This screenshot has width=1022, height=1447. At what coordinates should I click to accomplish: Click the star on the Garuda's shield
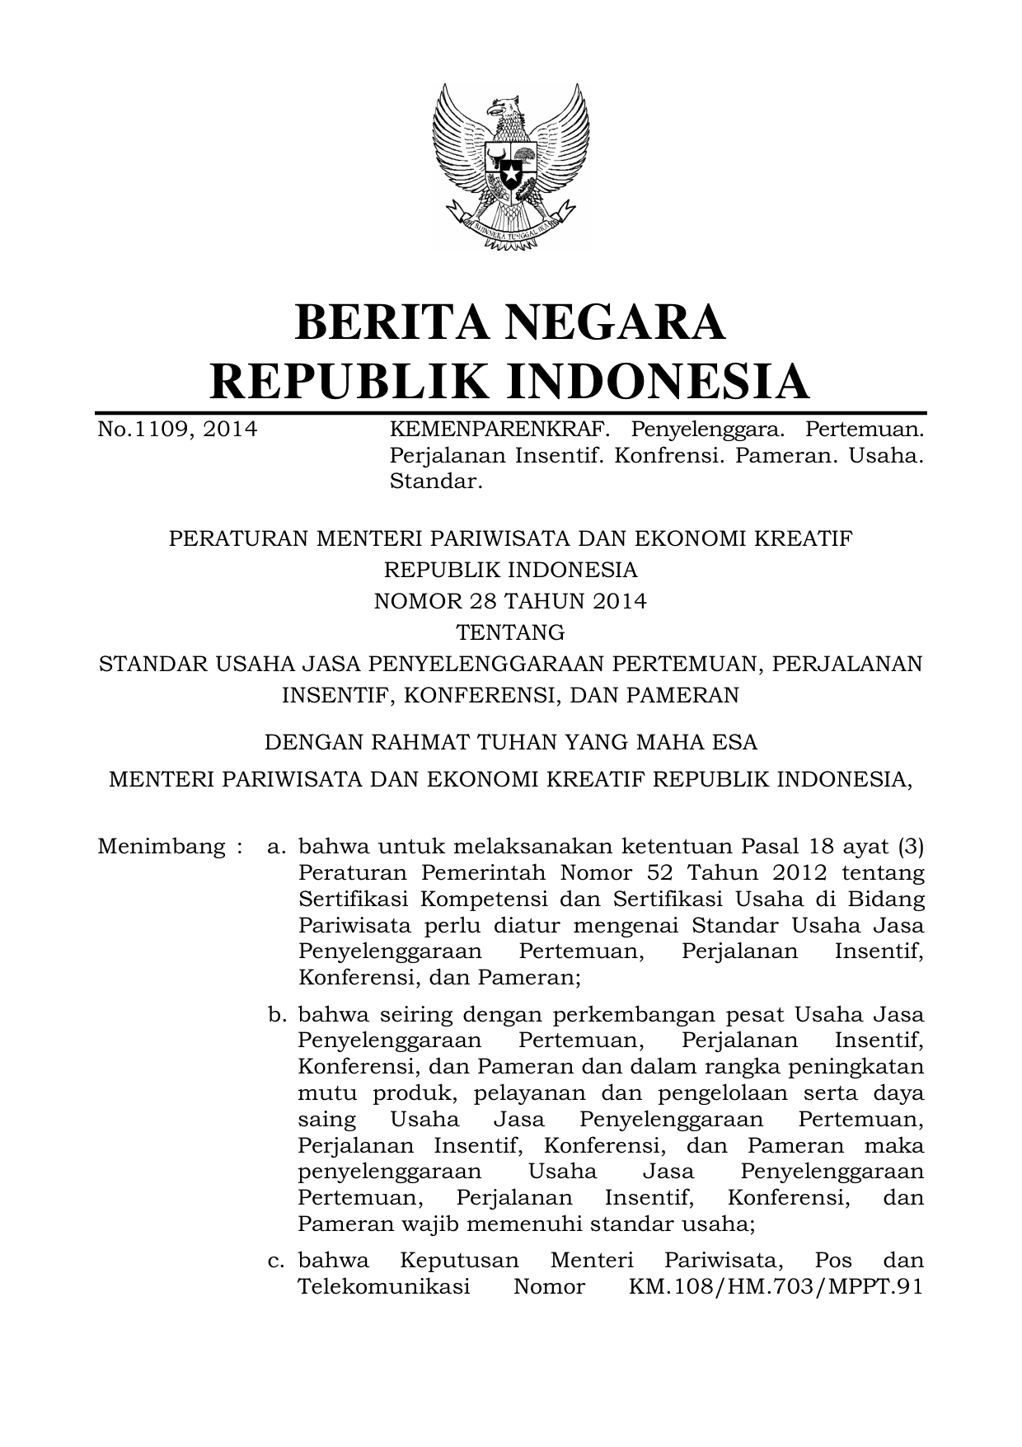[511, 176]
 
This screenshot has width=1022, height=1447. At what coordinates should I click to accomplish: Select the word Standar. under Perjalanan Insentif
[435, 482]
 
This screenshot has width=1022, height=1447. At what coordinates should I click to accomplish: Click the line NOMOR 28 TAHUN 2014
[510, 601]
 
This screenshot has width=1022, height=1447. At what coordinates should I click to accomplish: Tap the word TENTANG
[510, 632]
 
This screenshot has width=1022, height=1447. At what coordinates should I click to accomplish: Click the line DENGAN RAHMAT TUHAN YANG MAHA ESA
[510, 742]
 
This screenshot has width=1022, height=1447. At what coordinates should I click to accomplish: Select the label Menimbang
[161, 847]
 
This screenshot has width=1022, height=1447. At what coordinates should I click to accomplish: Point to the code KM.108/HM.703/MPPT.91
[776, 1287]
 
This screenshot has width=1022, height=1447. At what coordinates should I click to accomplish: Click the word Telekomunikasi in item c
[384, 1287]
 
